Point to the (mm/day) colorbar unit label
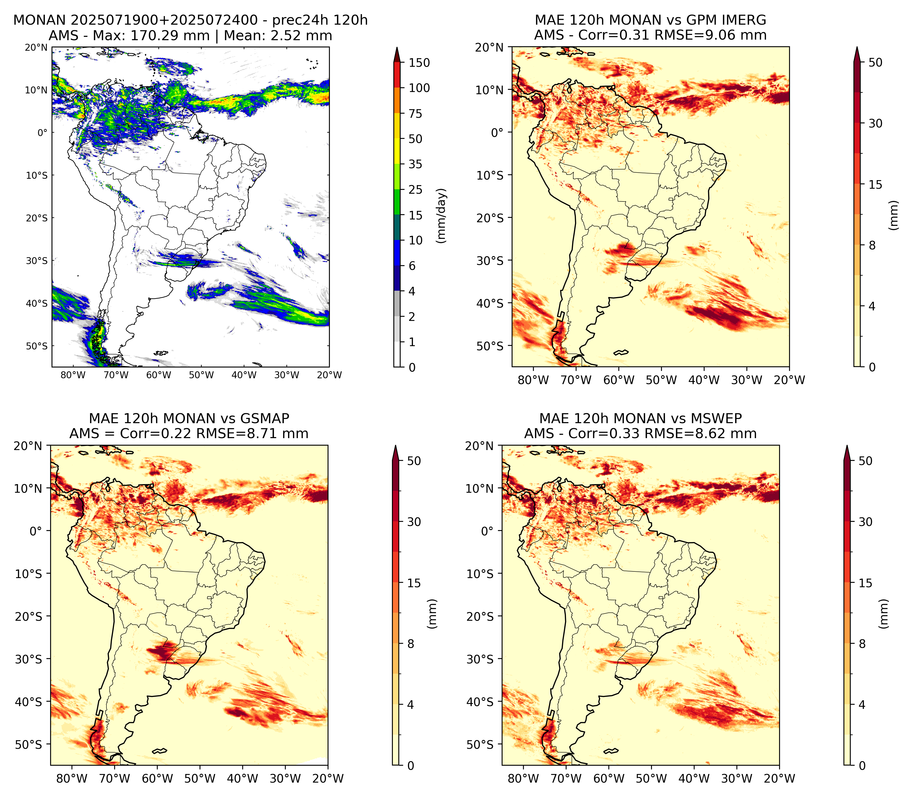click(x=441, y=216)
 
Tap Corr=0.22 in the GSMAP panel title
click(x=156, y=434)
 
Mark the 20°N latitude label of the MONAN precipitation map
click(x=36, y=48)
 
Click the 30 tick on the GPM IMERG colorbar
click(x=875, y=123)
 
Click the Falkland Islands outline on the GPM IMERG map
click(x=621, y=352)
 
